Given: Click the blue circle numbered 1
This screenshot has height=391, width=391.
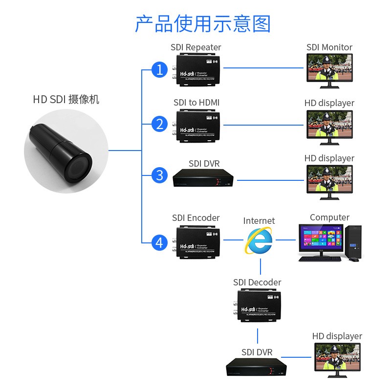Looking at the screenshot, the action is (x=159, y=70).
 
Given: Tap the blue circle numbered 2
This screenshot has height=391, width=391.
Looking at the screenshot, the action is (x=159, y=124).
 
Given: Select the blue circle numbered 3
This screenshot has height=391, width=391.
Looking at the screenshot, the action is (x=159, y=174).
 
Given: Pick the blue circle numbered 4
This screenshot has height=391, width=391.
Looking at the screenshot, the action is (x=159, y=242).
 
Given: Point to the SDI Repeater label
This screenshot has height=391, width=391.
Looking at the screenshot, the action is (x=195, y=47).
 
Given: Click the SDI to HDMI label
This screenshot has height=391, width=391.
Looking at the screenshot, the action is (x=196, y=103).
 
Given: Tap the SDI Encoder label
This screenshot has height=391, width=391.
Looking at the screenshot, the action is (x=195, y=217).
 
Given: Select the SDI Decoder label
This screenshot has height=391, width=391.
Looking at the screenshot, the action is (x=257, y=282).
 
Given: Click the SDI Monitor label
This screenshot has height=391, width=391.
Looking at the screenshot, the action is (x=329, y=47).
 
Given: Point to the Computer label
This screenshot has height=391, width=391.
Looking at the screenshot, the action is (x=329, y=217).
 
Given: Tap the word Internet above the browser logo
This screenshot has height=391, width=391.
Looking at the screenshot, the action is (x=259, y=221).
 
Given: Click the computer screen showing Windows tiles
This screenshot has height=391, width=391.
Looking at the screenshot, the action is (x=321, y=238).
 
